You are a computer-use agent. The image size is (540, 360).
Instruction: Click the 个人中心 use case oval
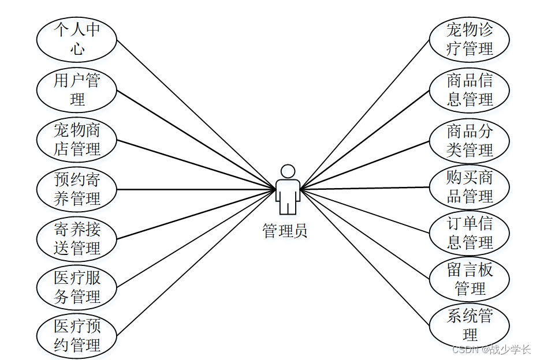77,39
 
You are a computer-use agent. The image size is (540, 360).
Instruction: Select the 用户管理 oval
77,89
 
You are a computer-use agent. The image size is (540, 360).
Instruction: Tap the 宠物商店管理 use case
77,140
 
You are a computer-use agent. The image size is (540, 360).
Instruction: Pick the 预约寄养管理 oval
77,189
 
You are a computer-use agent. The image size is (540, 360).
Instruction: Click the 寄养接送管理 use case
77,239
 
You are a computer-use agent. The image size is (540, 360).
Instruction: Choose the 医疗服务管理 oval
77,287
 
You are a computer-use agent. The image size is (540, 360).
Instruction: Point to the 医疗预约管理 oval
77,336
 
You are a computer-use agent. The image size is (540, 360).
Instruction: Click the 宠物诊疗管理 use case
470,39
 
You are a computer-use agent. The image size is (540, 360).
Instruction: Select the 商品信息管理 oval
470,89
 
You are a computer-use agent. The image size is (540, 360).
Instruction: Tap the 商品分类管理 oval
470,141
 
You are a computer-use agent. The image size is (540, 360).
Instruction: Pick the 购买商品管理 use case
470,187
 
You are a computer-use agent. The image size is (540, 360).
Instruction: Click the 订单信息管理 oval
470,232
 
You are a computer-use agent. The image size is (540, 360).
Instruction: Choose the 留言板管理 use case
470,279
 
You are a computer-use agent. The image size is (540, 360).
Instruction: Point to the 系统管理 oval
470,325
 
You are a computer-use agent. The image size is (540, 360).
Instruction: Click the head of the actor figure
288,171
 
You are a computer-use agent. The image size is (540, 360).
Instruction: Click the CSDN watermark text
491,350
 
